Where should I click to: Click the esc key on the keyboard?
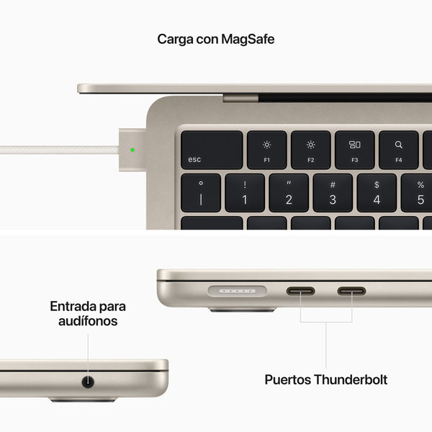pyautogui.click(x=211, y=150)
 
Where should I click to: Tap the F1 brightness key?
pyautogui.click(x=267, y=150)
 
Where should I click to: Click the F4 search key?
pyautogui.click(x=398, y=150)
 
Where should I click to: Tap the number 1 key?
pyautogui.click(x=245, y=193)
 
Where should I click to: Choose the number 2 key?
pyautogui.click(x=289, y=193)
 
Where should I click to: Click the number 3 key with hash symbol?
pyautogui.click(x=333, y=193)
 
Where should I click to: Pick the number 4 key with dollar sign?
pyautogui.click(x=377, y=193)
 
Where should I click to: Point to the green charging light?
pyautogui.click(x=132, y=150)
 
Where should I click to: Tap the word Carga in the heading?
pyautogui.click(x=174, y=39)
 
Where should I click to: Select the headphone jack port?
pyautogui.click(x=89, y=382)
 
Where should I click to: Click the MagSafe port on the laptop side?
pyautogui.click(x=237, y=292)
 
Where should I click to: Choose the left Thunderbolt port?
pyautogui.click(x=301, y=292)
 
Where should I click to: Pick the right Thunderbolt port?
pyautogui.click(x=351, y=292)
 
